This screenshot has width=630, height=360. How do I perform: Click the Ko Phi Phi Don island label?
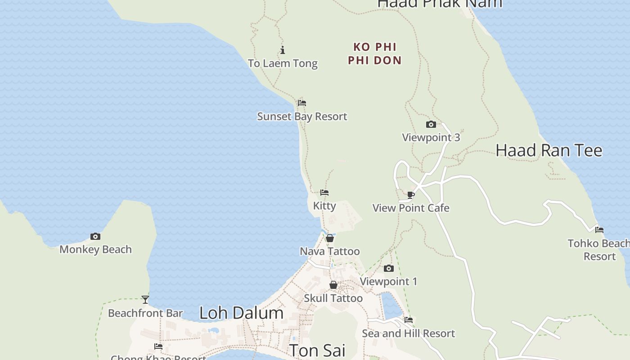[x=374, y=54]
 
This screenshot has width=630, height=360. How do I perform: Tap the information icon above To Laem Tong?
[x=283, y=50]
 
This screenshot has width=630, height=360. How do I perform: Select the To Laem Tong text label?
[x=283, y=63]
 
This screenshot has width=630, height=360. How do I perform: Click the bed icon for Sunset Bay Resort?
[x=302, y=103]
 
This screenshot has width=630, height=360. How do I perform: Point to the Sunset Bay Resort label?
[x=302, y=117]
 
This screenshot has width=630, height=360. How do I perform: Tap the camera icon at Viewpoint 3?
[x=431, y=125]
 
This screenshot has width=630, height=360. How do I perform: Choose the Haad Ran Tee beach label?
[x=549, y=150]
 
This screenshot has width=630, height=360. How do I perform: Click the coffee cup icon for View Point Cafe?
[x=410, y=195]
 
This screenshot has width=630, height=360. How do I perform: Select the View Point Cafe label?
[x=411, y=208]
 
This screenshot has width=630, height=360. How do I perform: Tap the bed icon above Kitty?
[x=324, y=193]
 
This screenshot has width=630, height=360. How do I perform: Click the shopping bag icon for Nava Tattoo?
[x=330, y=238]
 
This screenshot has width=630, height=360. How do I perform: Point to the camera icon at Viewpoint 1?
[x=388, y=269]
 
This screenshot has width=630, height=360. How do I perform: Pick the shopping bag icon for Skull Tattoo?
[x=333, y=285]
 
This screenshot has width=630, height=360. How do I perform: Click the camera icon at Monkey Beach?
[x=95, y=236]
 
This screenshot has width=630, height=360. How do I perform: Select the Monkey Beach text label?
[x=95, y=249]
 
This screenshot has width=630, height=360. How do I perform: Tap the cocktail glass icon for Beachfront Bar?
[x=145, y=299]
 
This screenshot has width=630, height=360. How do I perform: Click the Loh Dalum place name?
[x=241, y=313]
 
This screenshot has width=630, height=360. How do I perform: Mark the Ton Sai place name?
[x=317, y=350]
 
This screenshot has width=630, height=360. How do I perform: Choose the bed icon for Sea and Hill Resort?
[x=409, y=320]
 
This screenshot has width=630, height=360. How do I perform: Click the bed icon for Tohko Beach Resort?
[x=599, y=230]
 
